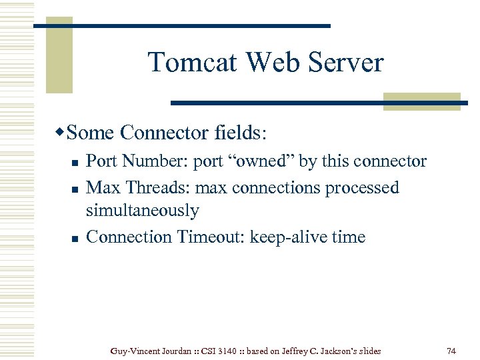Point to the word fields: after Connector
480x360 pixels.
pyautogui.click(x=241, y=133)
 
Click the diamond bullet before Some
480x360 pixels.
pyautogui.click(x=61, y=132)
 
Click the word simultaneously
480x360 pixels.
pyautogui.click(x=143, y=211)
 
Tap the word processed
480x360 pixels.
pyautogui.click(x=362, y=188)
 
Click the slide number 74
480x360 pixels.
pyautogui.click(x=451, y=350)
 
